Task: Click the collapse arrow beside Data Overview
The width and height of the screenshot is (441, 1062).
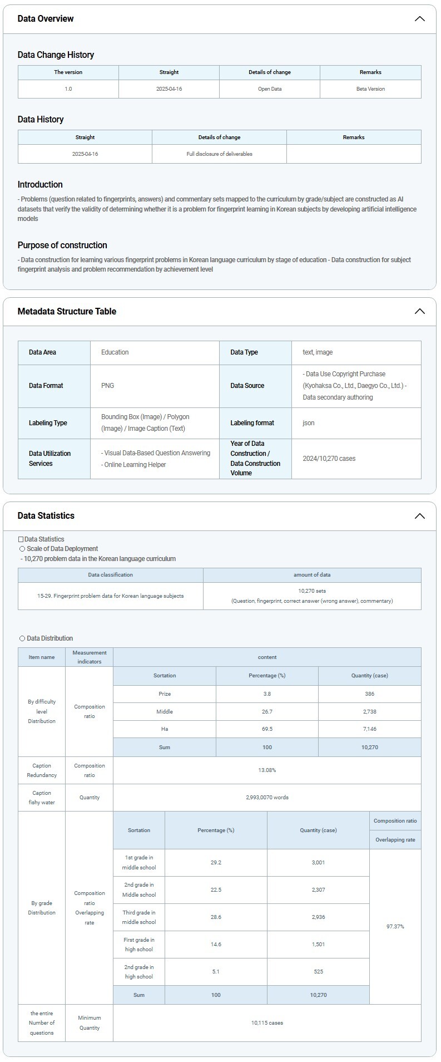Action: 419,19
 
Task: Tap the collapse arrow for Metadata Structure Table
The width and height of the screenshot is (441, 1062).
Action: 419,312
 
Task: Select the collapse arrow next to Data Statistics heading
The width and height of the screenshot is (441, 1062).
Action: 419,516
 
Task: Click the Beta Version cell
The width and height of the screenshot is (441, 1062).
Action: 370,89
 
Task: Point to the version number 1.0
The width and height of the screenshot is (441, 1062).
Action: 68,89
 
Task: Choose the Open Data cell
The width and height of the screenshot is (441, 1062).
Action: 270,89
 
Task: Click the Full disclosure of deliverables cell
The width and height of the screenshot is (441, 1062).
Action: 219,154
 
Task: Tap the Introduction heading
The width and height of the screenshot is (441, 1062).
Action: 40,185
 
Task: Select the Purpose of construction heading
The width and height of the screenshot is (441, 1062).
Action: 62,245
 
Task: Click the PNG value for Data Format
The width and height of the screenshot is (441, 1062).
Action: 107,386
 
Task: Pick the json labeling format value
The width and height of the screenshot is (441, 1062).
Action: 309,423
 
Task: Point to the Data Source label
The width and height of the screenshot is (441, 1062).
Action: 247,386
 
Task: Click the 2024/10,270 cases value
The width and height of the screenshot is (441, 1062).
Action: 329,459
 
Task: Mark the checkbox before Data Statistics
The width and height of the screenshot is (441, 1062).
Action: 21,539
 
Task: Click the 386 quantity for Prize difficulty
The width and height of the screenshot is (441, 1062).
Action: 370,694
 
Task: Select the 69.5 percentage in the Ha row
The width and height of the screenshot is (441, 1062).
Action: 267,729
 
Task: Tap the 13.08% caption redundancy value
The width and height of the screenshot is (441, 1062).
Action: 267,770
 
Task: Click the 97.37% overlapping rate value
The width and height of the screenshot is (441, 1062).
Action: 395,927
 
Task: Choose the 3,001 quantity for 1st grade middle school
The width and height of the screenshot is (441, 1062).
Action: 318,863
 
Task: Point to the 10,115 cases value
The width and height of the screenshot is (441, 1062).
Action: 267,1023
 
